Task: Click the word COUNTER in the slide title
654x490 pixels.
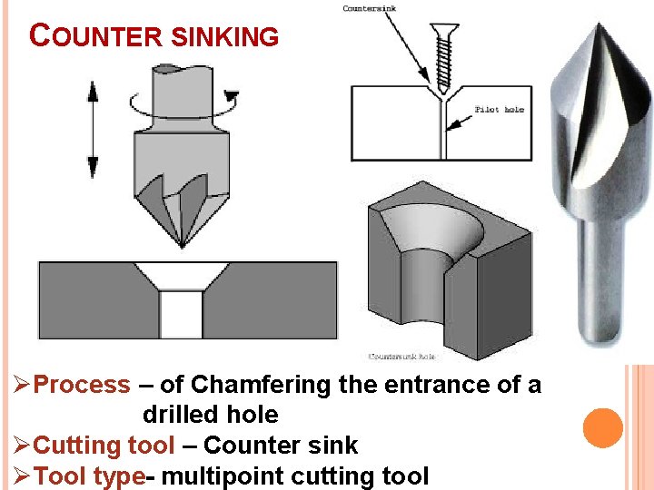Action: pyautogui.click(x=95, y=36)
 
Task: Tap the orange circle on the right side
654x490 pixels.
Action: pyautogui.click(x=602, y=426)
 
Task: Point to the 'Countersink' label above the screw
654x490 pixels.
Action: pyautogui.click(x=370, y=9)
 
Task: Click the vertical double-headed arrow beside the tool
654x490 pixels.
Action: pyautogui.click(x=92, y=128)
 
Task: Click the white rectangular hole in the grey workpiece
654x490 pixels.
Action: pyautogui.click(x=180, y=314)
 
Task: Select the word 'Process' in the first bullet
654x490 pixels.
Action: pyautogui.click(x=82, y=385)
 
